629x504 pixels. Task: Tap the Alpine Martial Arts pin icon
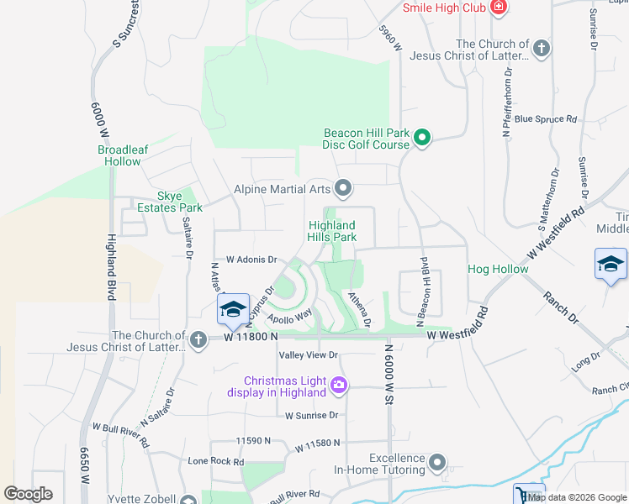click(x=342, y=187)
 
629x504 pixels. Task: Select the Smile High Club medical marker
click(x=499, y=8)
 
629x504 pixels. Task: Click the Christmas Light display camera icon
click(x=339, y=385)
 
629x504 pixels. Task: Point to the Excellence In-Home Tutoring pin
click(x=436, y=462)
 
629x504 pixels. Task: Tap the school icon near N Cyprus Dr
click(x=233, y=310)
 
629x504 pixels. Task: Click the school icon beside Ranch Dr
click(x=610, y=265)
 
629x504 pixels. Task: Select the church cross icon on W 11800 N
click(x=198, y=339)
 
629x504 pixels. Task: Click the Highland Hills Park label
click(x=331, y=231)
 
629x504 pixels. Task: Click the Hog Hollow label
click(x=498, y=270)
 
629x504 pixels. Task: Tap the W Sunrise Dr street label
click(x=311, y=415)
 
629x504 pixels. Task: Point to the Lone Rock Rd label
click(x=216, y=461)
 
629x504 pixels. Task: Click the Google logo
click(x=28, y=494)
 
